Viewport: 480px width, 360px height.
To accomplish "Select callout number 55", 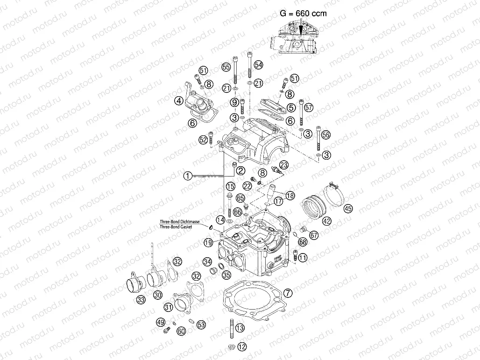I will point(226,67).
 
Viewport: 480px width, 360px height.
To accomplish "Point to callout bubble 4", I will point(178,100).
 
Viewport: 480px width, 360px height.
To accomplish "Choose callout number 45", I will point(348,209).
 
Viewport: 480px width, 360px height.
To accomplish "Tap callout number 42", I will point(326,221).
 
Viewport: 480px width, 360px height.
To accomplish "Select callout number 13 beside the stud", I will point(240,328).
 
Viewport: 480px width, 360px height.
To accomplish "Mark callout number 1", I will point(187,176).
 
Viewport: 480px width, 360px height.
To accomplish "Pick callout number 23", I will point(284,164).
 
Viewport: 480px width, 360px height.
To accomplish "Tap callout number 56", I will point(326,134).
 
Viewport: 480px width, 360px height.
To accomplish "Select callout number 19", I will point(208,242).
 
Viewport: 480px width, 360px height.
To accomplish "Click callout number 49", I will point(161,322).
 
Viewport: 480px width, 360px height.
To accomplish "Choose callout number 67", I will point(314,235).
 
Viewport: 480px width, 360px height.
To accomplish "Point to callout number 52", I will point(203,139).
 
